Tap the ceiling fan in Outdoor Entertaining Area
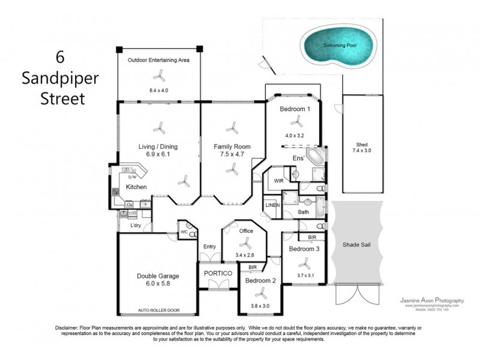159,75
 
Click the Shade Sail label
356,245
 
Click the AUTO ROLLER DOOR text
159,311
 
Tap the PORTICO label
217,273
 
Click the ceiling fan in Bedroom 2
260,294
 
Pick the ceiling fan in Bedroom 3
305,262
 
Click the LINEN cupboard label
272,205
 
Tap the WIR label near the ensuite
278,180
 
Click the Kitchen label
136,187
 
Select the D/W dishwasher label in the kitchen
133,176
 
